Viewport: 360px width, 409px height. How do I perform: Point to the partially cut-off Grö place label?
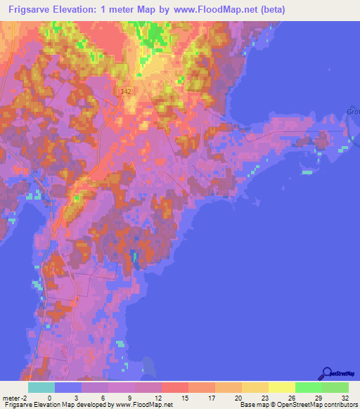tap(352, 110)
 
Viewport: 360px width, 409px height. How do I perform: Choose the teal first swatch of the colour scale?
tap(41, 387)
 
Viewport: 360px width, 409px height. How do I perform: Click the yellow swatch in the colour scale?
tap(281, 387)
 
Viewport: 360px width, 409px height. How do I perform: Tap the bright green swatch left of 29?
tap(308, 387)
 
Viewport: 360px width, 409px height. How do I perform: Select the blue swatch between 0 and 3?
tap(68, 387)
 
